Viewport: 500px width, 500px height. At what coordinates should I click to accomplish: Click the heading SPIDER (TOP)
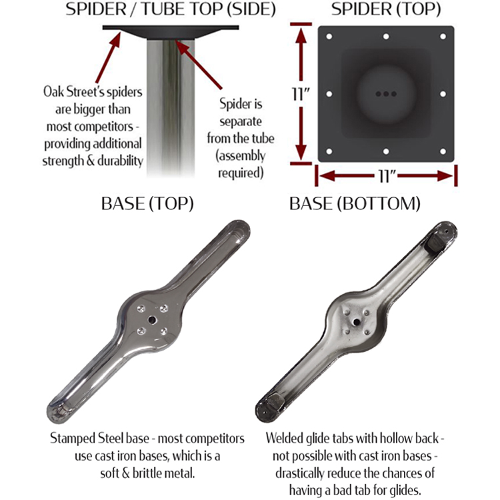[x=386, y=9]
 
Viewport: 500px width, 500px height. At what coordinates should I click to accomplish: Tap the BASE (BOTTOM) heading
[x=355, y=204]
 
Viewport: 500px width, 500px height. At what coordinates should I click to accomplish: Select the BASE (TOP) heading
[x=147, y=204]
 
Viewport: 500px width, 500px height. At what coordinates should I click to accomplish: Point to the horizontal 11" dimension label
[x=387, y=176]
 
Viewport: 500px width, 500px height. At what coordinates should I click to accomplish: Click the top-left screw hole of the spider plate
[x=329, y=37]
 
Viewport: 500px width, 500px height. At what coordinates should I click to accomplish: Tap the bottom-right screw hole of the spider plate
[x=443, y=151]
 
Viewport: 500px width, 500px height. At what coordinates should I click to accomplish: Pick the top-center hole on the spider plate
[x=386, y=37]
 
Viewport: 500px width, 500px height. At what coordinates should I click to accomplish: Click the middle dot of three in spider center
[x=386, y=94]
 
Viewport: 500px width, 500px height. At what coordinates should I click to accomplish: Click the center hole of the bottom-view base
[x=357, y=322]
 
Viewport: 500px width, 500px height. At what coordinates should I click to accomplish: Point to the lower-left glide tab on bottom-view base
[x=275, y=403]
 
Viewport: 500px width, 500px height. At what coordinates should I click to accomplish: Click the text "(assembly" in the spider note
[x=241, y=156]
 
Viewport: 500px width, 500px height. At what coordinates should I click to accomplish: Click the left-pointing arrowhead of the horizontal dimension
[x=327, y=176]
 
